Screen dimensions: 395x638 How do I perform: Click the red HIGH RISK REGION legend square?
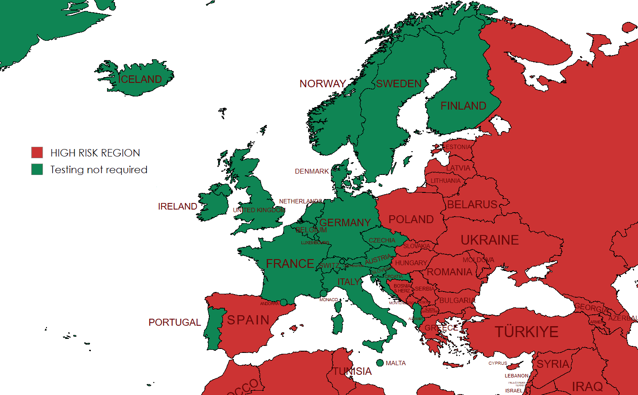pyautogui.click(x=37, y=153)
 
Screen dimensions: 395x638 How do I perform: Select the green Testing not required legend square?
pyautogui.click(x=37, y=169)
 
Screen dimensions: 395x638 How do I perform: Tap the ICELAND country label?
pyautogui.click(x=140, y=79)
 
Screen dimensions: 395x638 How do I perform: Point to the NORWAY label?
pyautogui.click(x=323, y=84)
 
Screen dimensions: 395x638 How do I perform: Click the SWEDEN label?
pyautogui.click(x=398, y=84)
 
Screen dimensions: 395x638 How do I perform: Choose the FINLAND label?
pyautogui.click(x=463, y=106)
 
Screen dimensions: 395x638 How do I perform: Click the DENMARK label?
pyautogui.click(x=312, y=171)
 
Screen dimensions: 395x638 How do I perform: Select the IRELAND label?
pyautogui.click(x=177, y=206)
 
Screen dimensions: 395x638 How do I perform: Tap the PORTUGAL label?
pyautogui.click(x=174, y=323)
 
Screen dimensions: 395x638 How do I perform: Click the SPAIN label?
pyautogui.click(x=248, y=320)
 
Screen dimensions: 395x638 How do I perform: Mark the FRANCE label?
pyautogui.click(x=290, y=264)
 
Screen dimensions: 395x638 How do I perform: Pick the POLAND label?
pyautogui.click(x=411, y=220)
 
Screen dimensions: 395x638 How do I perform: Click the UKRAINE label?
pyautogui.click(x=489, y=240)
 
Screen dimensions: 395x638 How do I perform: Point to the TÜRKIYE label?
pyautogui.click(x=526, y=332)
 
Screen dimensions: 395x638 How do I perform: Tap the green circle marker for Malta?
pyautogui.click(x=380, y=363)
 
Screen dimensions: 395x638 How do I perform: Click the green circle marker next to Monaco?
pyautogui.click(x=323, y=293)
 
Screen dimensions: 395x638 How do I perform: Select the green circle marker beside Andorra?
pyautogui.click(x=283, y=302)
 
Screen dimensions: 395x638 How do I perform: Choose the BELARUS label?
pyautogui.click(x=472, y=205)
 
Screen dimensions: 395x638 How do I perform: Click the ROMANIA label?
pyautogui.click(x=449, y=272)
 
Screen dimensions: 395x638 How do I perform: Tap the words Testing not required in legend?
pyautogui.click(x=99, y=170)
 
